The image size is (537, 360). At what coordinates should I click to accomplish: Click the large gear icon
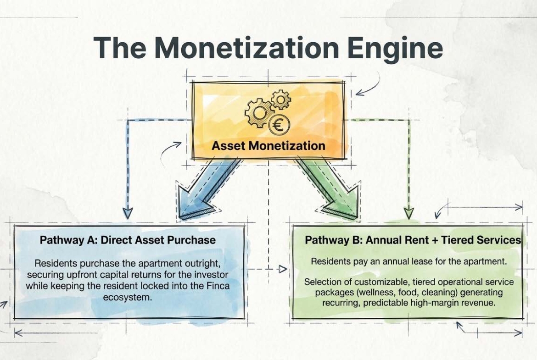pos(257,112)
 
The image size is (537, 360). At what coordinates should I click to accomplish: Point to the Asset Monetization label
pos(268,145)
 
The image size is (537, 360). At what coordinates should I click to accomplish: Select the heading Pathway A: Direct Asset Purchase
pos(128,240)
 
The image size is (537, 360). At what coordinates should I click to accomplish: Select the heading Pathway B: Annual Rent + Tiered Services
pos(413,240)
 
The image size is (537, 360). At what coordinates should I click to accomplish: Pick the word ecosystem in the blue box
pos(128,297)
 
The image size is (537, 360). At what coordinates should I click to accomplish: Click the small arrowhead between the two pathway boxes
pos(283,269)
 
